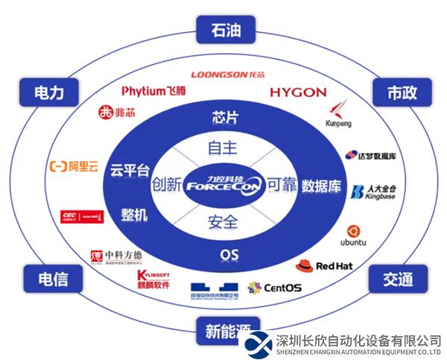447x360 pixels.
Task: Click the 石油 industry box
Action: click(x=223, y=31)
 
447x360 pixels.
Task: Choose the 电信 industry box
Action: click(x=53, y=279)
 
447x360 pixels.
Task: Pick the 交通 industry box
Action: click(x=398, y=279)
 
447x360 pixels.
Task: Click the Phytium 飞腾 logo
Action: click(x=153, y=91)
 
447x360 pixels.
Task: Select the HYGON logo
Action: click(x=298, y=92)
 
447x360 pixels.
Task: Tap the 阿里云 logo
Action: click(x=74, y=167)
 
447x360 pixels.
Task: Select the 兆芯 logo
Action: click(x=116, y=113)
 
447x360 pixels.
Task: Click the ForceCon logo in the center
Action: click(x=223, y=182)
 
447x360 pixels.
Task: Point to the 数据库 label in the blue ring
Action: click(x=321, y=186)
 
